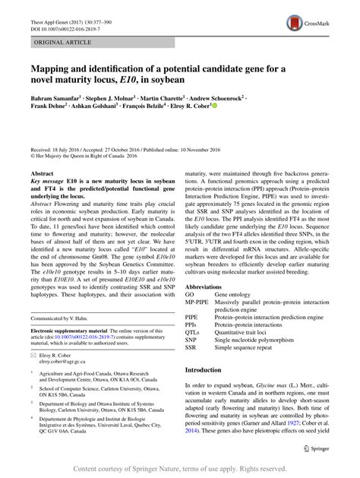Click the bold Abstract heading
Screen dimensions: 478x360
pyautogui.click(x=40, y=195)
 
